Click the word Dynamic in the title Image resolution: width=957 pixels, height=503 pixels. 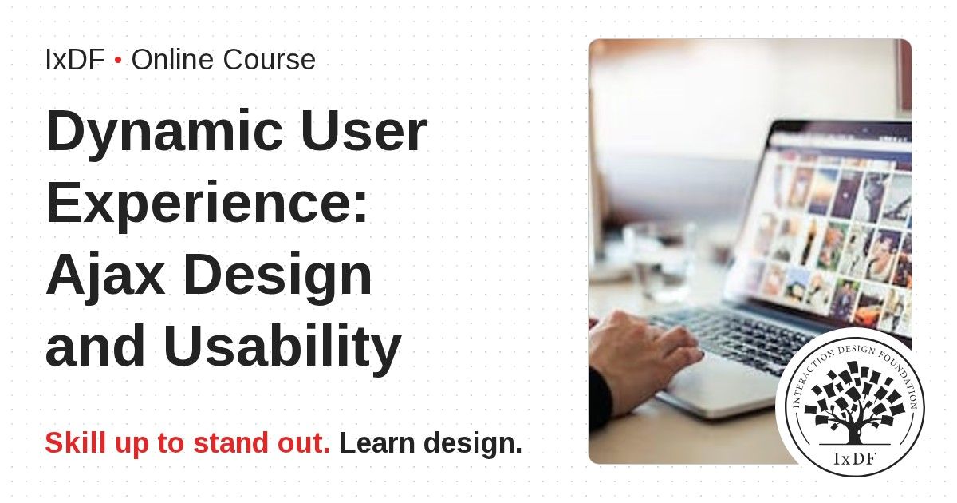(x=164, y=133)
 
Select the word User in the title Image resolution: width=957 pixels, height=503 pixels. (x=364, y=130)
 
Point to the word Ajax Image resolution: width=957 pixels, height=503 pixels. (x=105, y=276)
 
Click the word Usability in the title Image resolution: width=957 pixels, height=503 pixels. (x=282, y=347)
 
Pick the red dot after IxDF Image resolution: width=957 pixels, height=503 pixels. (x=118, y=61)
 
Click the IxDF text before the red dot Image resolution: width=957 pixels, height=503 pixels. (x=75, y=59)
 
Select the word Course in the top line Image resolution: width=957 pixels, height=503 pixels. (x=270, y=59)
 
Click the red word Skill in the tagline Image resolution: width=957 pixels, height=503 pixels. (x=75, y=442)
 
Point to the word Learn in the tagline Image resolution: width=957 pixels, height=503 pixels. (x=376, y=442)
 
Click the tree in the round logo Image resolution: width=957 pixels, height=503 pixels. (x=853, y=404)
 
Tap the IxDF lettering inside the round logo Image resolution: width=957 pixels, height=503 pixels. (x=854, y=459)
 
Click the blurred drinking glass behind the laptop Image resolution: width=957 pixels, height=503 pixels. (x=660, y=261)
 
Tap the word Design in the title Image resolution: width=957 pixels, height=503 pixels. (x=278, y=276)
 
